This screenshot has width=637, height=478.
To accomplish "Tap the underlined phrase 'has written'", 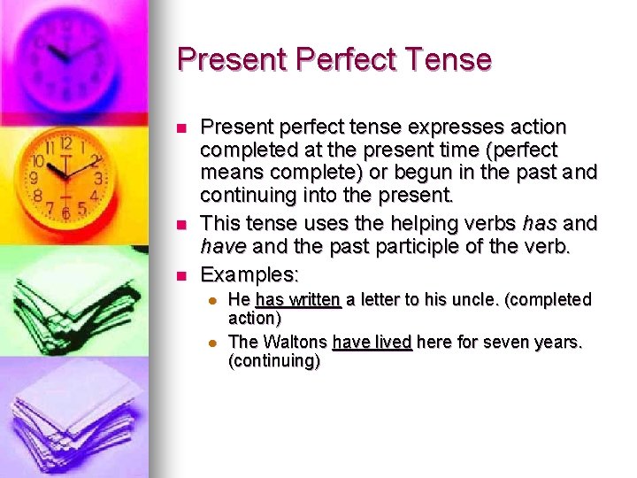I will [x=297, y=299].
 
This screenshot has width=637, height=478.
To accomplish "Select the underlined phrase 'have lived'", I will [x=372, y=343].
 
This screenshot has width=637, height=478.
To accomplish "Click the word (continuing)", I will [x=274, y=361].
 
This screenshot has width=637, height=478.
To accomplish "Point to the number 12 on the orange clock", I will [x=65, y=143].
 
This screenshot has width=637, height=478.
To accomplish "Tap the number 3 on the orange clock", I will [x=98, y=178].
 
